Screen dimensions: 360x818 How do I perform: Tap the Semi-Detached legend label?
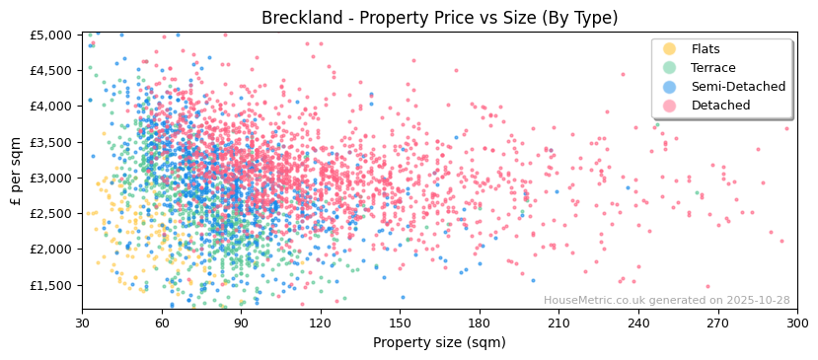(x=738, y=87)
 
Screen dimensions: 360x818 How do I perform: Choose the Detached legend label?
(x=720, y=106)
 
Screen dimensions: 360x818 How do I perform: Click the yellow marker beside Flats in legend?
(x=670, y=49)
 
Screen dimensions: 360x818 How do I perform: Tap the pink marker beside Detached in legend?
(x=670, y=106)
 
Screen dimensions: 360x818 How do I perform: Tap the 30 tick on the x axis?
(x=83, y=323)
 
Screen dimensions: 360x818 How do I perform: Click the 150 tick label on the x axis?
(x=400, y=323)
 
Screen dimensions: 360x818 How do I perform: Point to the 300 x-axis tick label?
(x=797, y=323)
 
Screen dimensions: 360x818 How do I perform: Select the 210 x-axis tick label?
(x=558, y=323)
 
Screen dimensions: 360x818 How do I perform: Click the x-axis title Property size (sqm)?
(x=439, y=342)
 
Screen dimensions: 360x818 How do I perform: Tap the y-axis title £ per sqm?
(x=17, y=172)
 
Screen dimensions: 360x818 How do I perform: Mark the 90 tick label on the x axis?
(x=241, y=323)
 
